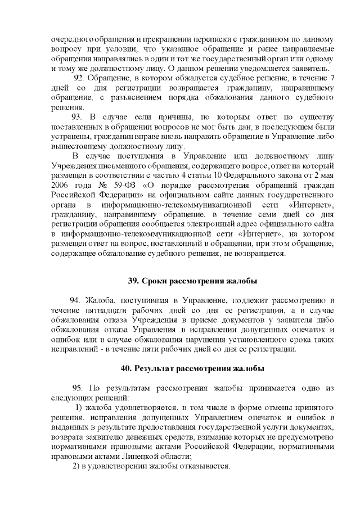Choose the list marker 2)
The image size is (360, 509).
coord(78,466)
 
